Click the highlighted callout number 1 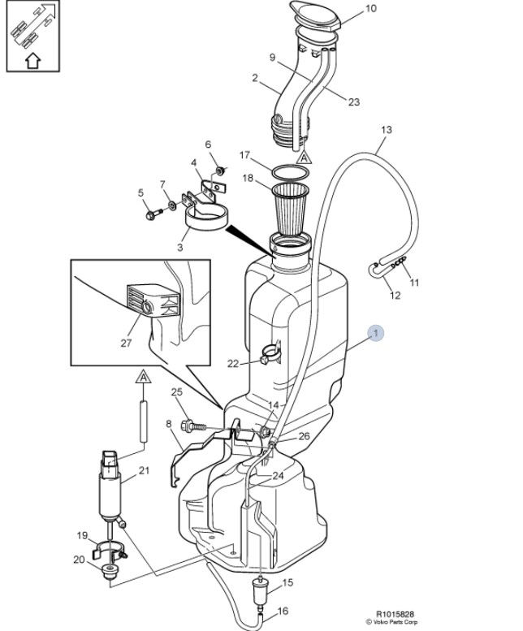coord(376,333)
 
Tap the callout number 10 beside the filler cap coord(370,8)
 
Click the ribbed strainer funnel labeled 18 coord(290,210)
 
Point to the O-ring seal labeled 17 coord(291,173)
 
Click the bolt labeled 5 coord(153,214)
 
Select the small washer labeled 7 coord(172,205)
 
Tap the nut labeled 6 coord(220,171)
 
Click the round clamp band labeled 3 coord(207,218)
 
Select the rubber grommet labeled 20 coord(110,571)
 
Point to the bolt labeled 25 coord(193,426)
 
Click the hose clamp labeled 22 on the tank coord(270,352)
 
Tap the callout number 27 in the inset coord(126,343)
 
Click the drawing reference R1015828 coord(395,614)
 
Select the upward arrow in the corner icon coord(33,61)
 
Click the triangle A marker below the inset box coord(143,378)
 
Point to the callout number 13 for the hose coord(387,130)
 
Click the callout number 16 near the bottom coord(283,611)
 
